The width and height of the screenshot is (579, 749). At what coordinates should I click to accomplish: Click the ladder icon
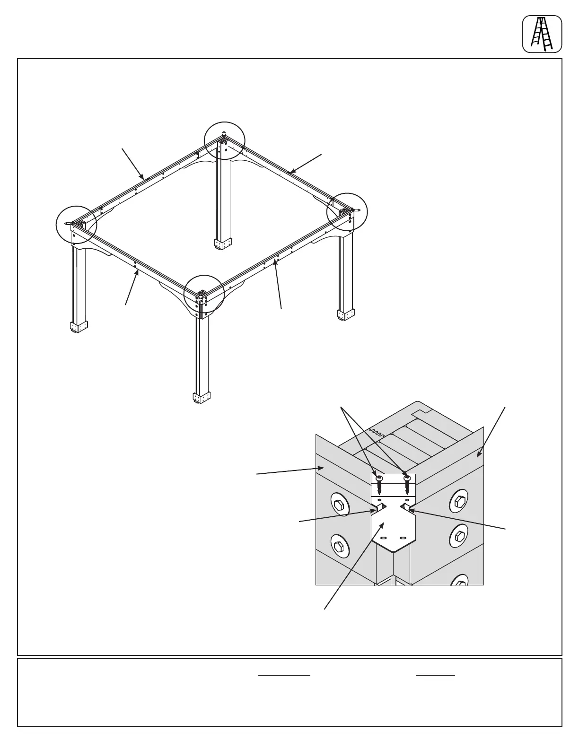pyautogui.click(x=542, y=34)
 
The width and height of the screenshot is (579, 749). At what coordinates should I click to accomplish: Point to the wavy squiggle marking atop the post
pyautogui.click(x=377, y=432)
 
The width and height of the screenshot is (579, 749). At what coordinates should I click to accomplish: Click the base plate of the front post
pyautogui.click(x=201, y=398)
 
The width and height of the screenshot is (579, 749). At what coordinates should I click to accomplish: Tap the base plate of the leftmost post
pyautogui.click(x=79, y=327)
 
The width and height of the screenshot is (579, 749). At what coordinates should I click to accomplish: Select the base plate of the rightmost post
pyautogui.click(x=345, y=314)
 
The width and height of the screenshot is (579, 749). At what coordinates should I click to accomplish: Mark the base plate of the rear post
pyautogui.click(x=222, y=244)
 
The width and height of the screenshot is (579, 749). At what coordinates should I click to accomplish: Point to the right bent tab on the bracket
pyautogui.click(x=407, y=508)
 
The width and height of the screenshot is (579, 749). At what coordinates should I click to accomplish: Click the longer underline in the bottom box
pyautogui.click(x=284, y=675)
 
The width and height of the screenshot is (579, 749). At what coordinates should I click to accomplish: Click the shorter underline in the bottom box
pyautogui.click(x=435, y=675)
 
